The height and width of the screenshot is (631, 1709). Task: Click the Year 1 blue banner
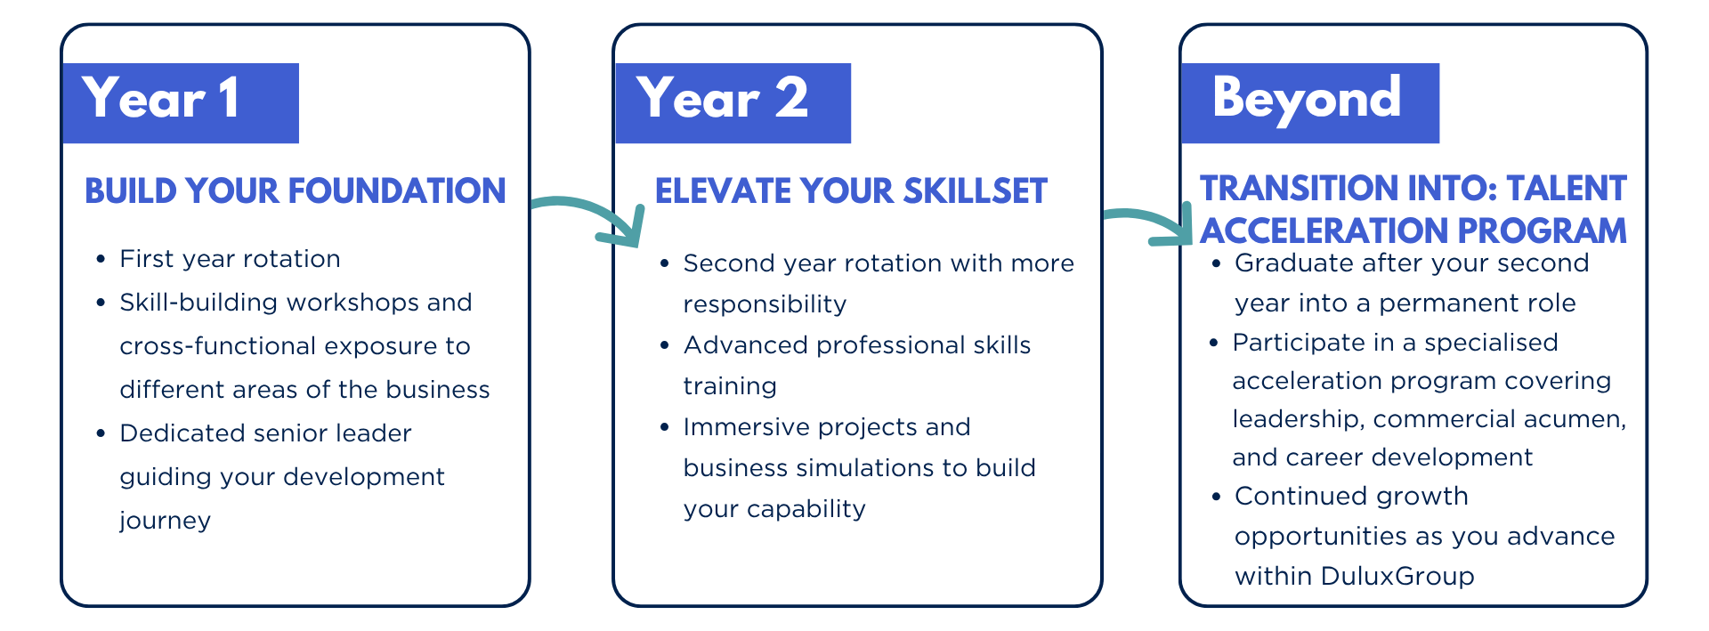181,103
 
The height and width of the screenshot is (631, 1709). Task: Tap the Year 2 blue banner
733,103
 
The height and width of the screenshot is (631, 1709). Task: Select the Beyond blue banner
1310,103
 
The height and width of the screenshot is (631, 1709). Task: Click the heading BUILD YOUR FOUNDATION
296,190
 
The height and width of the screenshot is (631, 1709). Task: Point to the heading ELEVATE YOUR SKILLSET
851,190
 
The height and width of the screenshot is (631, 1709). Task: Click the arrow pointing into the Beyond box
1149,225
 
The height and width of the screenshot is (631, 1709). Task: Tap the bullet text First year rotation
230,258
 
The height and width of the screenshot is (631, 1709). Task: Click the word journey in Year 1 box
166,521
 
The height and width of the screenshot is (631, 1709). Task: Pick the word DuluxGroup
1397,576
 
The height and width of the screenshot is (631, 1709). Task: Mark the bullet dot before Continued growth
1216,496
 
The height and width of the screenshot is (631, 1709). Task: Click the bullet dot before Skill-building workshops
101,303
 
